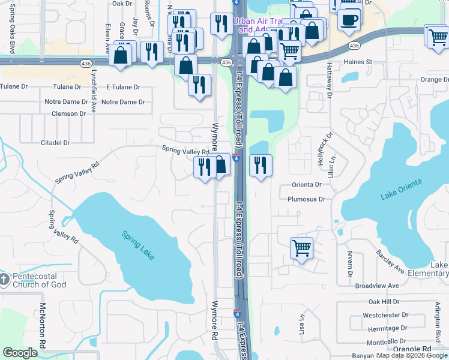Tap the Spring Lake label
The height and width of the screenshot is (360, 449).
139,245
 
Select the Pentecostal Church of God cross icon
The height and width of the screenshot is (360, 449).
4,279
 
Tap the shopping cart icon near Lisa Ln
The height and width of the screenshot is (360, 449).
301,247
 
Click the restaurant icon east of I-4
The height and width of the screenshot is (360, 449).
260,165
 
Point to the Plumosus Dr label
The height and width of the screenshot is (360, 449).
306,199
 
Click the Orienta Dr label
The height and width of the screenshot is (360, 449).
307,185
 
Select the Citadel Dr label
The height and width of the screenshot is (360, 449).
55,143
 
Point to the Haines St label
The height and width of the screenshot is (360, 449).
358,62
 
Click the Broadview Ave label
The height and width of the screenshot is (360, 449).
376,286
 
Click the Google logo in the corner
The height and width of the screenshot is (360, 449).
20,353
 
